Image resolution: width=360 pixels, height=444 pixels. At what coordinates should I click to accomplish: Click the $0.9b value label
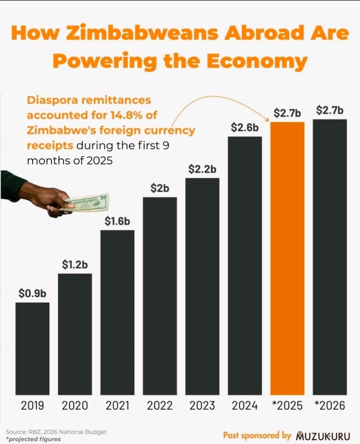32,293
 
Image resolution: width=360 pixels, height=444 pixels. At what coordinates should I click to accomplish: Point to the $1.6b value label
117,221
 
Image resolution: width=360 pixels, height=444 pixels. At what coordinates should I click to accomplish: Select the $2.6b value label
245,127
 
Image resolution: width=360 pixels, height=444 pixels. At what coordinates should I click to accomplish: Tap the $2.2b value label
202,169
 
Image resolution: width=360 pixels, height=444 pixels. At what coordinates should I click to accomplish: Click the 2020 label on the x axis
75,405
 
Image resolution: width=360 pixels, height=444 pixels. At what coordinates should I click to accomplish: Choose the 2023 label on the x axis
202,405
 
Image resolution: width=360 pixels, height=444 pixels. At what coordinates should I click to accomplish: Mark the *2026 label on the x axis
330,405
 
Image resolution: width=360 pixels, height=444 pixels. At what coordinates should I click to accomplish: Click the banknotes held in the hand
86,202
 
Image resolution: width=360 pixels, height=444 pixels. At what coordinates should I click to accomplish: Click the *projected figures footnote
33,439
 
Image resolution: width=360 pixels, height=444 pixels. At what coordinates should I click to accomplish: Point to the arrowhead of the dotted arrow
268,119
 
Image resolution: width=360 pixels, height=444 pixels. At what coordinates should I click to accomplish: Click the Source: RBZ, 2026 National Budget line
56,431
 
